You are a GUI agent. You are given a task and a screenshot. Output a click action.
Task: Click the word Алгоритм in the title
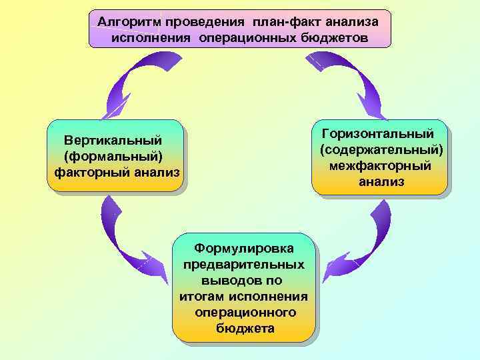point(124,22)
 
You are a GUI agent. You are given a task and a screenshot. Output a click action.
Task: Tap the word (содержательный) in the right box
point(381,149)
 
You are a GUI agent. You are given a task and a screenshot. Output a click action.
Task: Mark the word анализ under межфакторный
point(381,181)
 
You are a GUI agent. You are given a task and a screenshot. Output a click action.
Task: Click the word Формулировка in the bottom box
point(244,248)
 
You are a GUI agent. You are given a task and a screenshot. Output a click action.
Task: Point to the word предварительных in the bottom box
point(244,264)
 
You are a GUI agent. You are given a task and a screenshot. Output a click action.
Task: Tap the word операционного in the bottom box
point(244,312)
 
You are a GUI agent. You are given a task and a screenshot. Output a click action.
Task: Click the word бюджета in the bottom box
point(244,328)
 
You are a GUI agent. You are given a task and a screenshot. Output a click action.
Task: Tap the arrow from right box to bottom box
point(363,240)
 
